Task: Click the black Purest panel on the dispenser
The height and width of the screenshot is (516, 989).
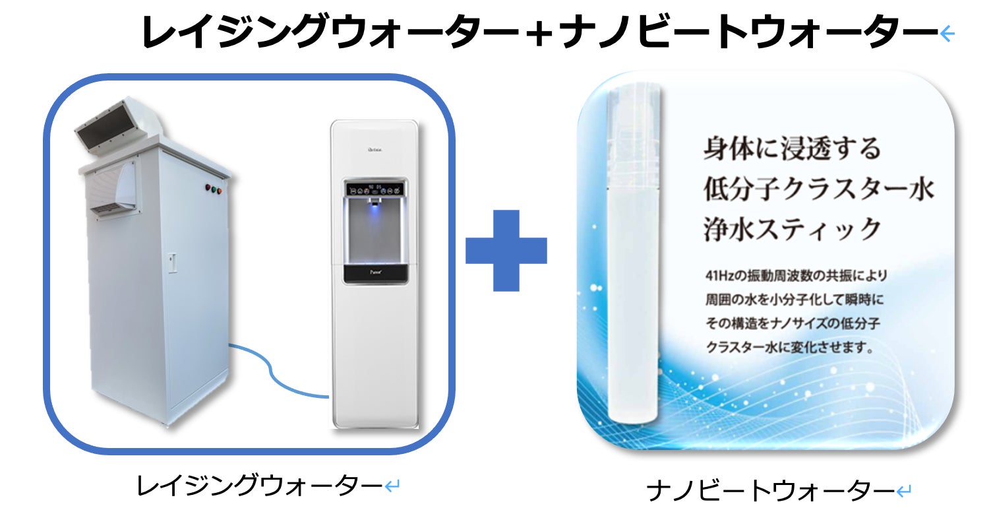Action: tap(374, 273)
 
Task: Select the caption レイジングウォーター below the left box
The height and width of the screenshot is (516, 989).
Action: tap(260, 487)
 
